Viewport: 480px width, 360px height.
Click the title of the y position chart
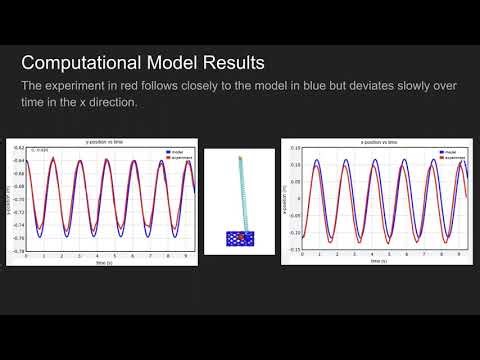click(x=105, y=143)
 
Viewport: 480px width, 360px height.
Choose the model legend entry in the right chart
click(x=451, y=152)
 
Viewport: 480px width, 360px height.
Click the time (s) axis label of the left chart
click(x=105, y=263)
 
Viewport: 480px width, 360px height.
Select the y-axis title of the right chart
click(x=286, y=200)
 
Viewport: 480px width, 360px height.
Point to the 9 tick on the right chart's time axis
click(x=457, y=257)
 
